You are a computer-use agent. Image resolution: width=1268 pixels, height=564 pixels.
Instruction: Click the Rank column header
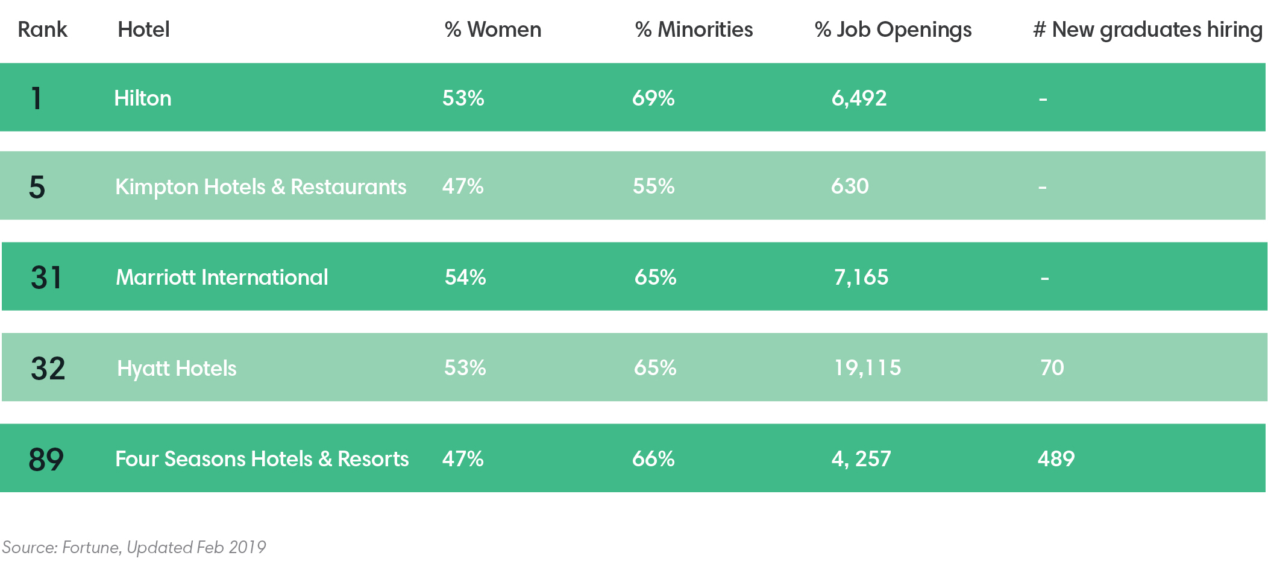(x=42, y=30)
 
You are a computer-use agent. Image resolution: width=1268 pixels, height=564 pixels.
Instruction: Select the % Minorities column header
(x=694, y=30)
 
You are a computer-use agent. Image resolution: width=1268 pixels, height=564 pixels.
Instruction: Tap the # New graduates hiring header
(x=1147, y=30)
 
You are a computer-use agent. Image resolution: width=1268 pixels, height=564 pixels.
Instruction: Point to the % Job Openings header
(x=893, y=30)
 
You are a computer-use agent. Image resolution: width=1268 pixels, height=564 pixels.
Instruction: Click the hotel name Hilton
(x=143, y=98)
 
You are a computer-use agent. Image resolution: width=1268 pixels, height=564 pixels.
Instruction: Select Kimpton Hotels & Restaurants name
(x=260, y=186)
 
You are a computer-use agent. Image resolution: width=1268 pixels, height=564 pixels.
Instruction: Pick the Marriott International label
(x=222, y=277)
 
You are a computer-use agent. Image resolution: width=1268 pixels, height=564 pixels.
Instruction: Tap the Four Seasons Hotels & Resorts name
(x=262, y=458)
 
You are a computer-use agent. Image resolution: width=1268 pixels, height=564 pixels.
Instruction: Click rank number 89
(x=46, y=459)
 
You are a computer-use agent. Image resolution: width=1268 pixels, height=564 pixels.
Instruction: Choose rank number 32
(x=48, y=368)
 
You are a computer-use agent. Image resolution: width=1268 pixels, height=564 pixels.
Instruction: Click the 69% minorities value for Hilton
(x=653, y=98)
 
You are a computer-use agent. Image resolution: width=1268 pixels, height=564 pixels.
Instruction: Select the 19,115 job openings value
(x=867, y=367)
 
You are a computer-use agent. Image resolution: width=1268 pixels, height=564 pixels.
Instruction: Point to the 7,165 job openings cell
(x=861, y=277)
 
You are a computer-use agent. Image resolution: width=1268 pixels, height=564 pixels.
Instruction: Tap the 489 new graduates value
(x=1056, y=458)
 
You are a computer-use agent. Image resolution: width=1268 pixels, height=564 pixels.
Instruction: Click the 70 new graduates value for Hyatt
(x=1052, y=367)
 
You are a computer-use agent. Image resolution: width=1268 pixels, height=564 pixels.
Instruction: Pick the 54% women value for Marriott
(x=465, y=277)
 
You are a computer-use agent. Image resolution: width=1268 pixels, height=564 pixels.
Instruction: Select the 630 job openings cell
(x=850, y=186)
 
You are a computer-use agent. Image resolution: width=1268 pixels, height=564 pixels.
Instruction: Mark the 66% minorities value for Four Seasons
(x=653, y=458)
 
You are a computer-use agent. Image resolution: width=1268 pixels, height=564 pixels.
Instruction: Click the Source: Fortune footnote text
(x=134, y=547)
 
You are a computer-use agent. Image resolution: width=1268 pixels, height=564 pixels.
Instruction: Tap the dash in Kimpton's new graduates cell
(x=1042, y=188)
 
